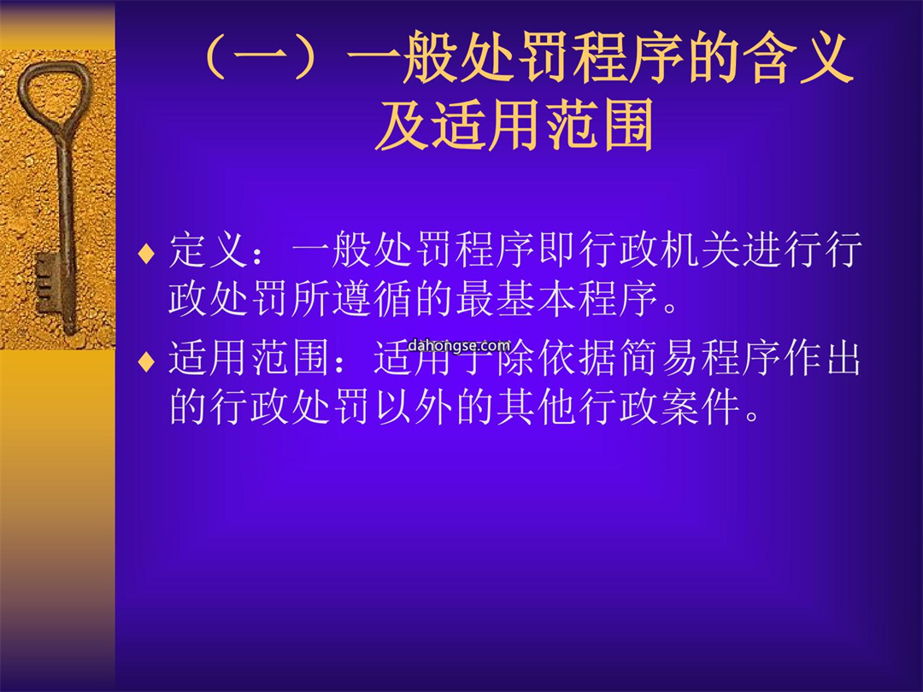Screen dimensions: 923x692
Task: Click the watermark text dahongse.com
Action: [459, 345]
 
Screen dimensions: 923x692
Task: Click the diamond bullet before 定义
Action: [146, 253]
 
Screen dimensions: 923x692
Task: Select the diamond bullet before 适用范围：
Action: [146, 361]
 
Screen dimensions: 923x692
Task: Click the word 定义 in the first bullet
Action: [208, 250]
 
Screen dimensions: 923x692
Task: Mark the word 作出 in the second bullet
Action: [822, 358]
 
